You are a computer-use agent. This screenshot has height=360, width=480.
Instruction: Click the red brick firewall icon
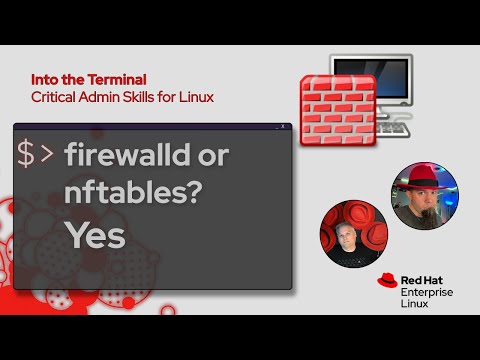coord(337,109)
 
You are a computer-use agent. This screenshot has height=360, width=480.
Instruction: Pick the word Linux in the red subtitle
coord(195,97)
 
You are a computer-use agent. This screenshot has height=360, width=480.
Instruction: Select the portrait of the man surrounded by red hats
coord(352,232)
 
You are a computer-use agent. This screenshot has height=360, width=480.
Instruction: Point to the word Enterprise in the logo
coord(427,291)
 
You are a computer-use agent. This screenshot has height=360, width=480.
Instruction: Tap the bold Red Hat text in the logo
coord(423,279)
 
